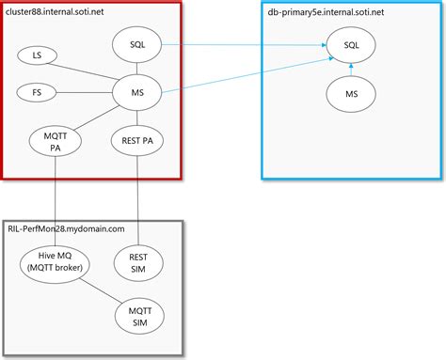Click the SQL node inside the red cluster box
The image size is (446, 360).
tap(138, 44)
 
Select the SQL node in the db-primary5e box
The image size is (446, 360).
tap(352, 44)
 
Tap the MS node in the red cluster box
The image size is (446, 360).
tap(138, 92)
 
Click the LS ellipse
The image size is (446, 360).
tap(37, 56)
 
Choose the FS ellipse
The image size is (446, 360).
tap(37, 92)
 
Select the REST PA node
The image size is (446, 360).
tap(138, 140)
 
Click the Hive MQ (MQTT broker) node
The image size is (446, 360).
tap(56, 261)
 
